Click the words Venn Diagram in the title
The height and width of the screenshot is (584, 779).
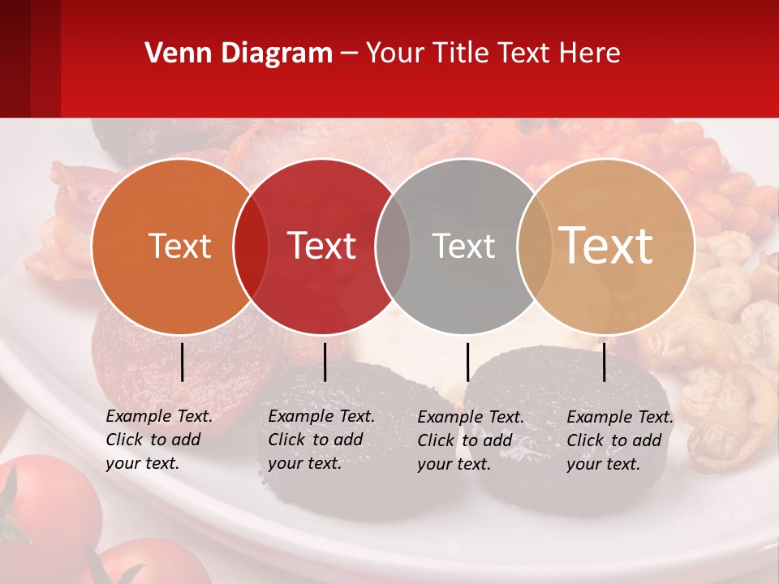(239, 54)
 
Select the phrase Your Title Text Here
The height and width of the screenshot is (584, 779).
(493, 54)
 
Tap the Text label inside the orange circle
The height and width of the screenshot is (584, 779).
(179, 247)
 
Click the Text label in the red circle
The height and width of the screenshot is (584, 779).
(321, 247)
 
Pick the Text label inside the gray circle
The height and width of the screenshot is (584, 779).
(463, 247)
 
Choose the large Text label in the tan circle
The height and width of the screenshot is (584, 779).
(606, 246)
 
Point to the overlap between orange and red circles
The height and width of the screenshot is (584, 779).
(251, 247)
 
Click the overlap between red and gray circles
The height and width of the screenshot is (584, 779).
(393, 247)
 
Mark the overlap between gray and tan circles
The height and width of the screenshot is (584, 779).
(535, 247)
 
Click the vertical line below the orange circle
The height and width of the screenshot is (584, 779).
(182, 362)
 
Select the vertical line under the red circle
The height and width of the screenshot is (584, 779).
(325, 362)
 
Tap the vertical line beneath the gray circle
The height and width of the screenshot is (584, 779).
(467, 362)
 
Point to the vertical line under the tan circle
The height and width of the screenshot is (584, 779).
(605, 362)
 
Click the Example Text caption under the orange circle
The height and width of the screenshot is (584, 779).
(159, 440)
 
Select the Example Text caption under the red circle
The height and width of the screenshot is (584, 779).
(321, 440)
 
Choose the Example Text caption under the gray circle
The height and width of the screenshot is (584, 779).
(471, 440)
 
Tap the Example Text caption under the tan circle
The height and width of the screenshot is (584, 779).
(620, 440)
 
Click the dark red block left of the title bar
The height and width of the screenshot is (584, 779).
(30, 58)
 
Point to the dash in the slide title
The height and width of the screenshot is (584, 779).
(349, 54)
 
